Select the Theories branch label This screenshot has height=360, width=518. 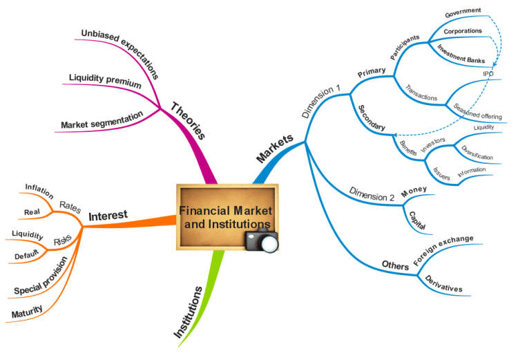pyautogui.click(x=188, y=121)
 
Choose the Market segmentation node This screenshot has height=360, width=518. pyautogui.click(x=102, y=120)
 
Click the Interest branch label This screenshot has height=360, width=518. pyautogui.click(x=108, y=216)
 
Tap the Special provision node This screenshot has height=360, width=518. pyautogui.click(x=41, y=278)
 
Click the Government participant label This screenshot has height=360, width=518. pyautogui.click(x=463, y=12)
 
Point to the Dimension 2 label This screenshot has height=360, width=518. pyautogui.click(x=372, y=194)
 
